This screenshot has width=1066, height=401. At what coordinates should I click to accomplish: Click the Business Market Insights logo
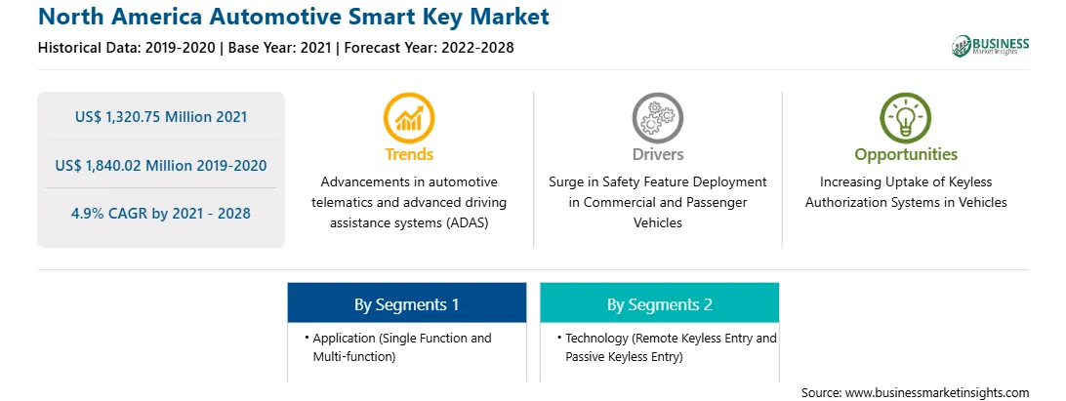(991, 46)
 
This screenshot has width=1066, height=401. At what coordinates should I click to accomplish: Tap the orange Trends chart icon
(409, 118)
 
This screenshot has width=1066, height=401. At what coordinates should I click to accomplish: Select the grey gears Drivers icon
(657, 118)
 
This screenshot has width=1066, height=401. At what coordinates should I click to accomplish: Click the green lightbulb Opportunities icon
(906, 118)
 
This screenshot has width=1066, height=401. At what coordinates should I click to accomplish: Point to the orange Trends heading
(409, 154)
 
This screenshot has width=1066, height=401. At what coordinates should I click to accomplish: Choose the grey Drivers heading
(657, 154)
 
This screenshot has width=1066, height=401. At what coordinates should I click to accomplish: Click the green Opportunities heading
(906, 155)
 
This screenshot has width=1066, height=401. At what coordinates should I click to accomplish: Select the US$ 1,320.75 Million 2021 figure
(161, 117)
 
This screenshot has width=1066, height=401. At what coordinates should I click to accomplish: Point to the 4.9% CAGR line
(161, 214)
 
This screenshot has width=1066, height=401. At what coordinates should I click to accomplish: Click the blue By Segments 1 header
(406, 304)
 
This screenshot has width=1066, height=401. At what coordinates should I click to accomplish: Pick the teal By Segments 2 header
(660, 304)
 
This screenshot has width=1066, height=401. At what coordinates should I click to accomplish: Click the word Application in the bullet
(345, 339)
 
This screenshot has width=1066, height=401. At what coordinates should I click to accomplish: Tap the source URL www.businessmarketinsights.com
(937, 393)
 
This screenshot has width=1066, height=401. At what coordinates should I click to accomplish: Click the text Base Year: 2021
(279, 48)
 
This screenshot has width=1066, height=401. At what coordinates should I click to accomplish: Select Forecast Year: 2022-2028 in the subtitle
(429, 48)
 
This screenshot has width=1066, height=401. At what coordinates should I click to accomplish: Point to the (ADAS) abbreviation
(467, 222)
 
